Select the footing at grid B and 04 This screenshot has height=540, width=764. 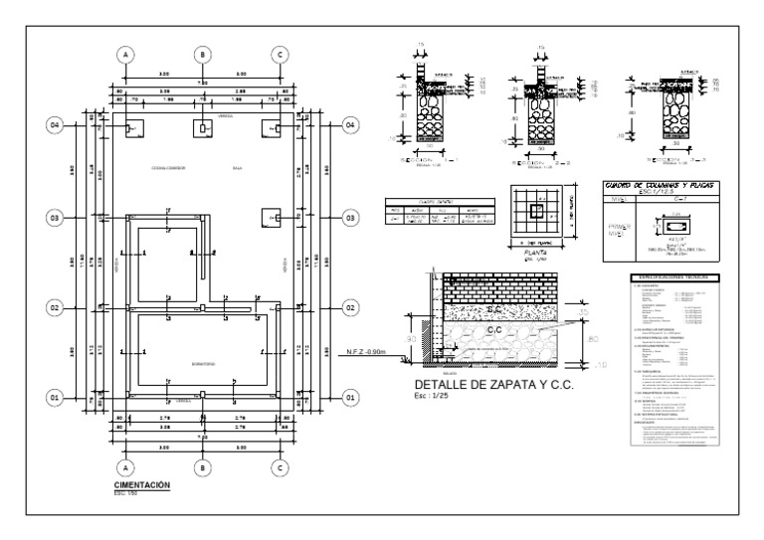[202, 128]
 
